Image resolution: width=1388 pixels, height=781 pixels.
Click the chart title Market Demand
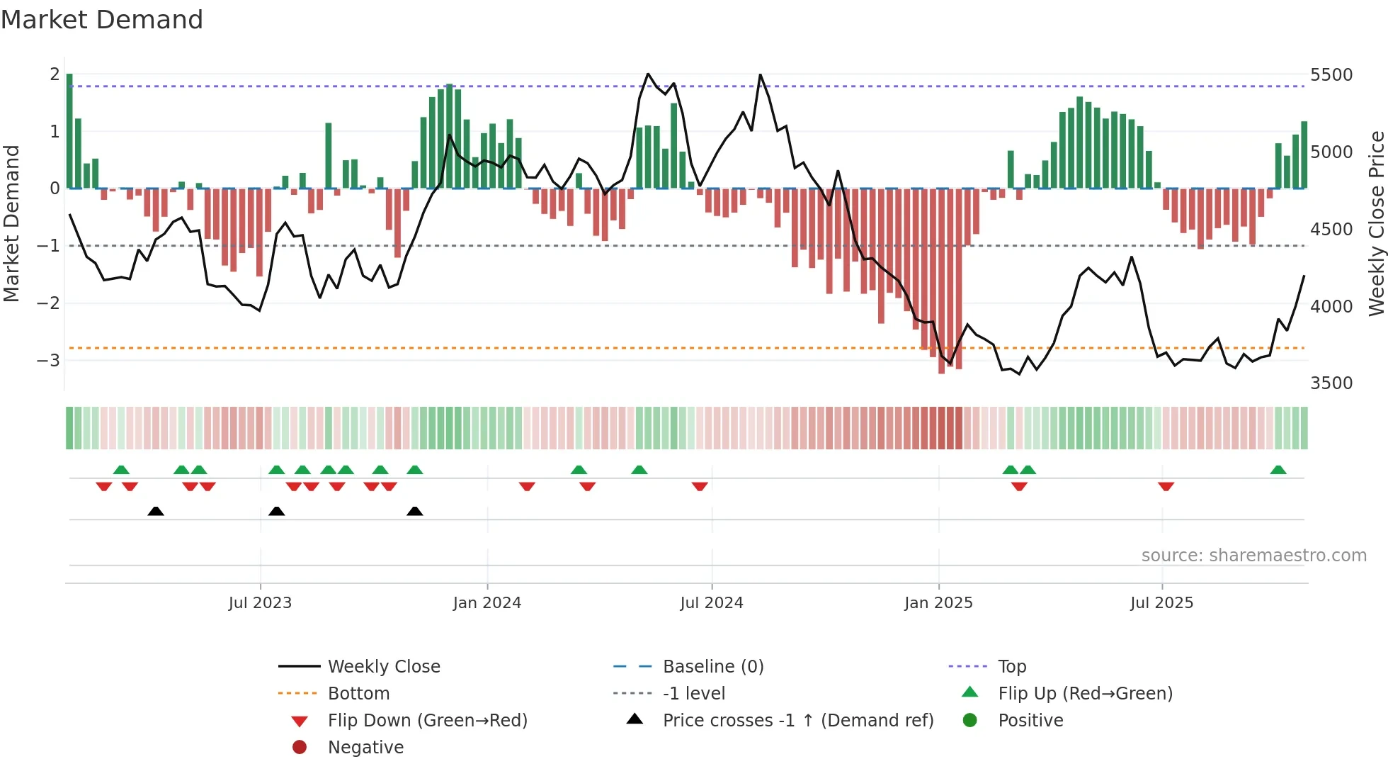102,20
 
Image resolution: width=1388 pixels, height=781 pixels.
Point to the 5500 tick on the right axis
1331,75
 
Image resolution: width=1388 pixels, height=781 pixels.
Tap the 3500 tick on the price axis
1331,383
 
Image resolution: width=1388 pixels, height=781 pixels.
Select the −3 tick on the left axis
48,360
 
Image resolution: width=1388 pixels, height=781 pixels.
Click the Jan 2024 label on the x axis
487,603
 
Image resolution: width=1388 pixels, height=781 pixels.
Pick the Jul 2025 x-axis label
1161,603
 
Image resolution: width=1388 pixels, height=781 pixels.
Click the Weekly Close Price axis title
1376,223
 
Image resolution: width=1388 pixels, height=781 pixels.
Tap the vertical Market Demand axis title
12,223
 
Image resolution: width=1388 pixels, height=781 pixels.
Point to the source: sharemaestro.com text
1253,556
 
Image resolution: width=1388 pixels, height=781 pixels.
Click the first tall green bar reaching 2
69,131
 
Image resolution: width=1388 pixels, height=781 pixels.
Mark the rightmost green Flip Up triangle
1278,470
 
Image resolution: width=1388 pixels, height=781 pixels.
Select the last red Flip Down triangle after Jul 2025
1166,486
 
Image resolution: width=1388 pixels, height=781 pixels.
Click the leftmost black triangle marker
156,511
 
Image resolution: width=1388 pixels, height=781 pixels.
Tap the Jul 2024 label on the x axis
711,603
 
